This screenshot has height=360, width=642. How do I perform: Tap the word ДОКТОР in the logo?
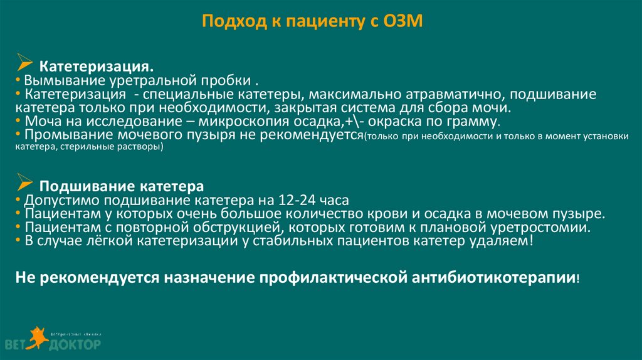click(x=74, y=345)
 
